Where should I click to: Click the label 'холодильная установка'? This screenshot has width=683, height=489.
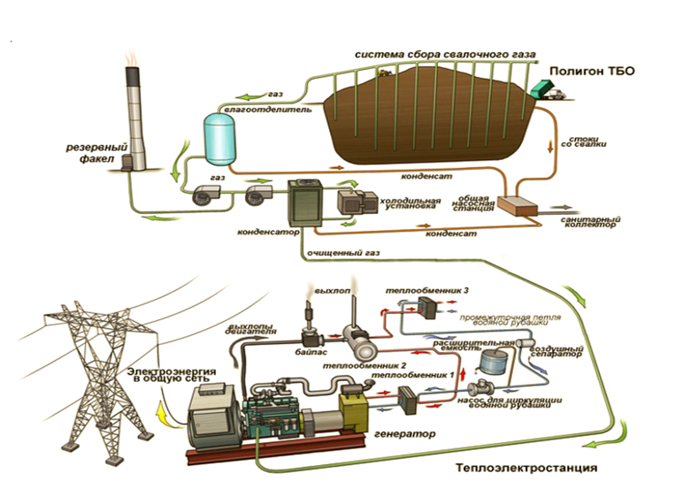[410, 205]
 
